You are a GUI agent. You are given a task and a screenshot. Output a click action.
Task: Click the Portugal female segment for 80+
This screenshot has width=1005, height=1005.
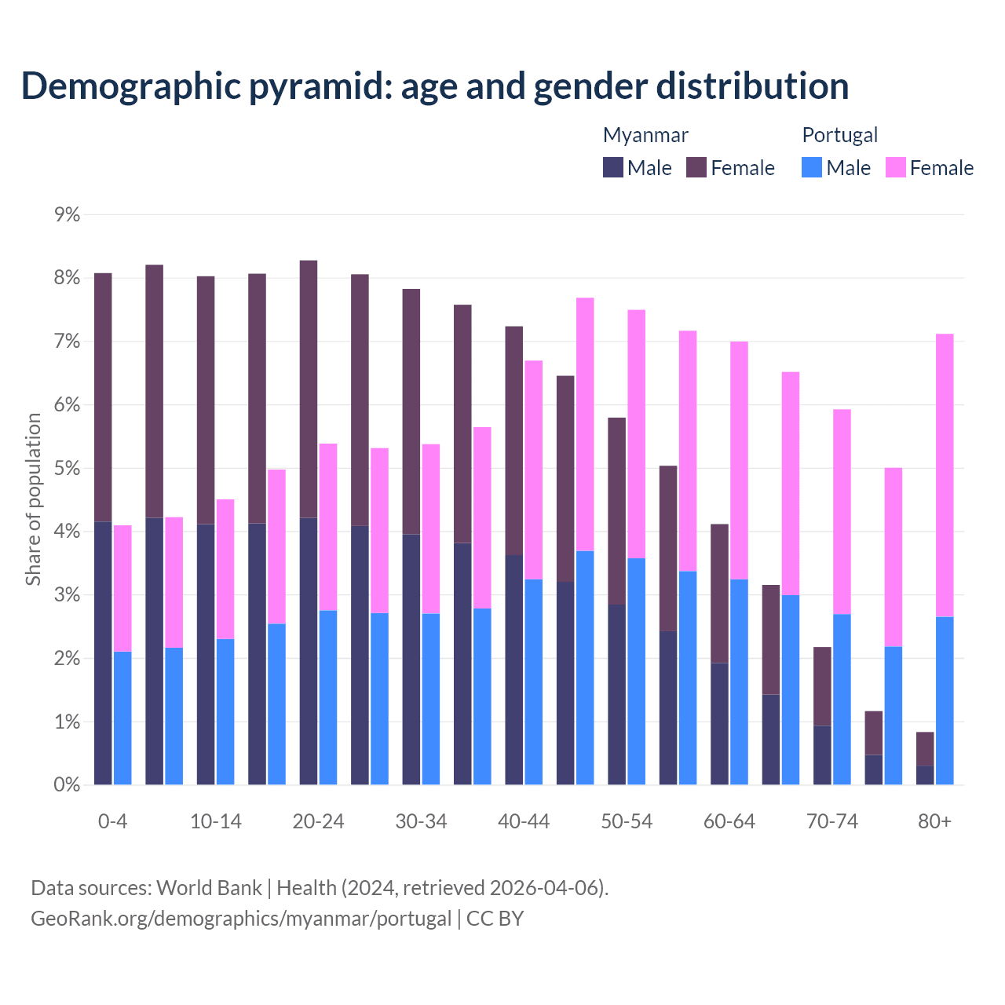point(945,475)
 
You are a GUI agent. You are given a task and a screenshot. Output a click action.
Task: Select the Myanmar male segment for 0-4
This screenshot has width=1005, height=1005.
point(103,652)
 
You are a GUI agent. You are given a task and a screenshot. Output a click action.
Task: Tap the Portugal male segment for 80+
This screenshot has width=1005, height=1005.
point(945,700)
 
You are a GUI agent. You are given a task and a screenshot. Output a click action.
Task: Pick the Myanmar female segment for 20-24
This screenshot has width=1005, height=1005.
point(309,389)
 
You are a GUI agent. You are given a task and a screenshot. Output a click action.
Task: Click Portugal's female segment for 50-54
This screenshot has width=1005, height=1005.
point(636,433)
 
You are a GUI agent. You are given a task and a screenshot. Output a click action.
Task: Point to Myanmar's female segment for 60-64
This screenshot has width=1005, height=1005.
point(719,593)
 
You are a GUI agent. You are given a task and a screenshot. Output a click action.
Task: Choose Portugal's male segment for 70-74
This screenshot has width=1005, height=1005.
point(842,699)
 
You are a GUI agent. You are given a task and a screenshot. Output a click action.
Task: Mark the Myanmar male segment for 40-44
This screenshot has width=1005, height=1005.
point(514,670)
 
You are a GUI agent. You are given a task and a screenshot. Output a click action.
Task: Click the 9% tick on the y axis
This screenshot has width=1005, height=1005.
point(67,214)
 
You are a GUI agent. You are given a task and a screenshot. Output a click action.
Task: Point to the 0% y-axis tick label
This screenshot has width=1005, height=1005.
point(67,784)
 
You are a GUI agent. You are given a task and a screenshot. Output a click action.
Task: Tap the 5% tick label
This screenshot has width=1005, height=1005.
point(67,468)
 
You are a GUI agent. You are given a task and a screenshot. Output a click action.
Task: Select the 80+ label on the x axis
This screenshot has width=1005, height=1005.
point(934,821)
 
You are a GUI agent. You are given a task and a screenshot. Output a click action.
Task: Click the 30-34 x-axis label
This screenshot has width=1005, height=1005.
point(421,821)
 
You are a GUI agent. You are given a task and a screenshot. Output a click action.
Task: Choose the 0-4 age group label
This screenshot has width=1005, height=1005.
point(112,821)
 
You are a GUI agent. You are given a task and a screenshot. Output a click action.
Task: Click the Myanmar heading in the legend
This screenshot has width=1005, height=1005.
point(645,135)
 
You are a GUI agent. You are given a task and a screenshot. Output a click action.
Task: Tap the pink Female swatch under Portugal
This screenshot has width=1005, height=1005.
point(895,167)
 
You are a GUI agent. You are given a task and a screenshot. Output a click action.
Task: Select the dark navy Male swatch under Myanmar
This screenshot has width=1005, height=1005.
point(612,167)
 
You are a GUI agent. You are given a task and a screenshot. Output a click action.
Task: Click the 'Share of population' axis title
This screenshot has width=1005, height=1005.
point(33,499)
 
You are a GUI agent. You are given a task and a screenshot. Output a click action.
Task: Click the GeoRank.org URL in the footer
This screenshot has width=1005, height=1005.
point(241,918)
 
